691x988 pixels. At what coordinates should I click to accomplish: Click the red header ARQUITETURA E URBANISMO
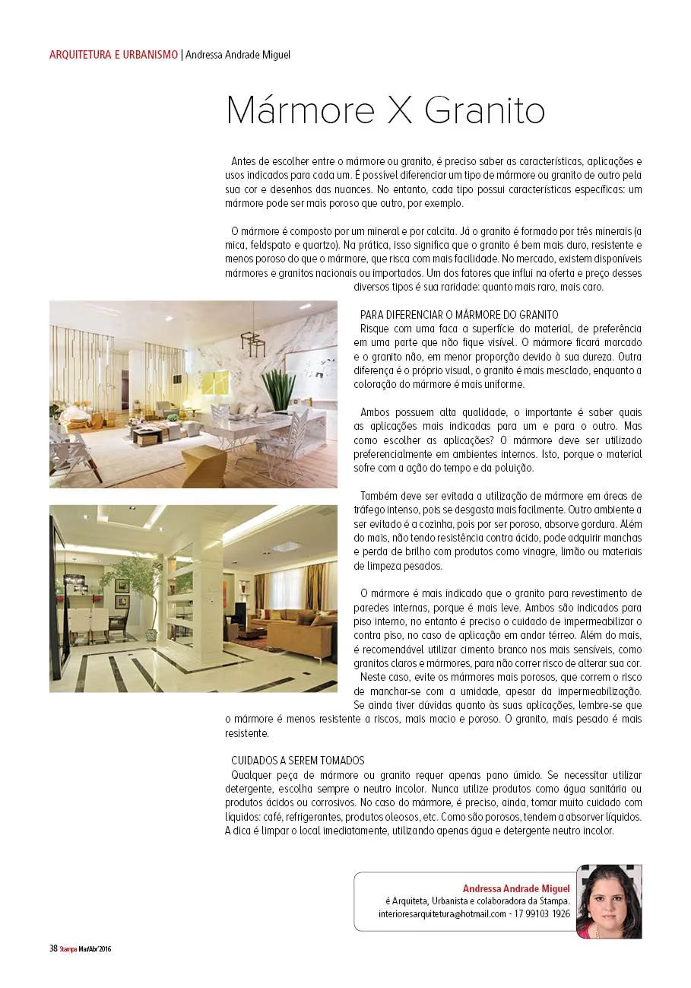[113, 55]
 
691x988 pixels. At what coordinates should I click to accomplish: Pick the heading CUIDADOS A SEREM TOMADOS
[297, 760]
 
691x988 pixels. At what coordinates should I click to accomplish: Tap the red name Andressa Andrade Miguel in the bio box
[516, 888]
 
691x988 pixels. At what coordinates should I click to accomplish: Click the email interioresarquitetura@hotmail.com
[442, 914]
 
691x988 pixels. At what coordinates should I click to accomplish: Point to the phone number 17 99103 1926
[542, 914]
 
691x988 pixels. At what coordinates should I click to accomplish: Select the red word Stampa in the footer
[70, 948]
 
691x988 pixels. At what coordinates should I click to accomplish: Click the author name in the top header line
[238, 55]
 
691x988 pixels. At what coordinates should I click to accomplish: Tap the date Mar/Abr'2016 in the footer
[97, 948]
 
